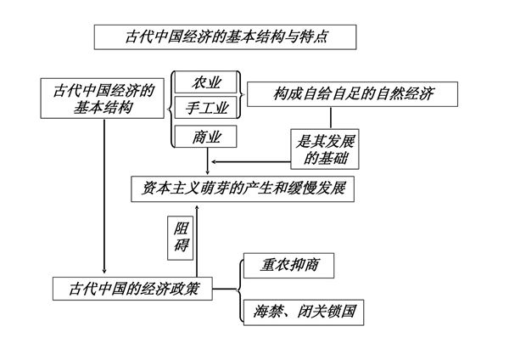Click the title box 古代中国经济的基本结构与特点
point(225,37)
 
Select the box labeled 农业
point(205,83)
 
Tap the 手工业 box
point(205,109)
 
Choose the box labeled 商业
point(205,136)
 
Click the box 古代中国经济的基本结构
point(103,98)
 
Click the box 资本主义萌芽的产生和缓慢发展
point(243,188)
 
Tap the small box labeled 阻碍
point(182,237)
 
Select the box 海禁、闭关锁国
point(304,312)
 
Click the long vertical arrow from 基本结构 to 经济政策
point(103,195)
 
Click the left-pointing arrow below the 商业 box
point(246,161)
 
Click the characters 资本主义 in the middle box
point(169,188)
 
